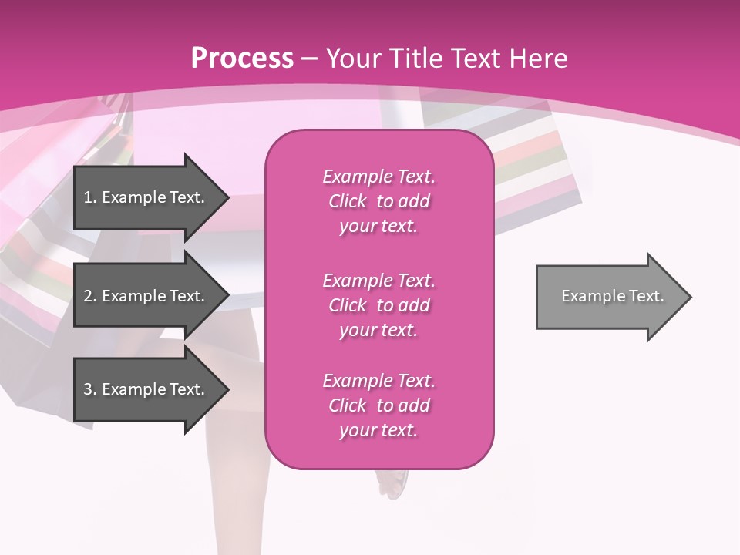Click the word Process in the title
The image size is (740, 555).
point(242,59)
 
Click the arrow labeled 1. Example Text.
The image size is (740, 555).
point(146,197)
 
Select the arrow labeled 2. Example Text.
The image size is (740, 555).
point(146,296)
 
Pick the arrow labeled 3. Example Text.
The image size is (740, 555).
point(146,389)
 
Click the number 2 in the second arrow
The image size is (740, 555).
point(88,296)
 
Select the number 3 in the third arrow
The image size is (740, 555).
point(88,389)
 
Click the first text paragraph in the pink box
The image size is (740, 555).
point(378,201)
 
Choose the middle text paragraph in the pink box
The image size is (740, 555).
point(378,305)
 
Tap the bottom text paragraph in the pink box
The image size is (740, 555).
point(378,405)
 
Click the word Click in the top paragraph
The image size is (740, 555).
point(348,201)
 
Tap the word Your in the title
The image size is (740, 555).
point(354,59)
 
